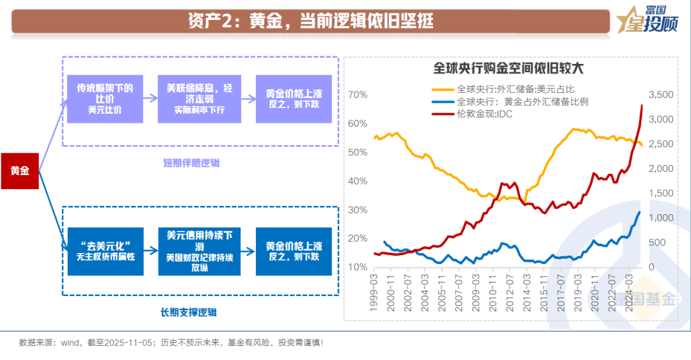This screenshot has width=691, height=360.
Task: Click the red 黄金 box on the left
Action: pyautogui.click(x=20, y=171)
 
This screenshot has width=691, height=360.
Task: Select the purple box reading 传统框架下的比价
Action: pyautogui.click(x=105, y=98)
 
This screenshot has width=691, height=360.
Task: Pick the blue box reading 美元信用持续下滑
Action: pyautogui.click(x=199, y=251)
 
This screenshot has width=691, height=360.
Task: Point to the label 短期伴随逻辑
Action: pyautogui.click(x=191, y=162)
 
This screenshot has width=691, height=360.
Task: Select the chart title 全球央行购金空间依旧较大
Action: pyautogui.click(x=509, y=67)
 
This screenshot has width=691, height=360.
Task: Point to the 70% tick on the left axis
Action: pyautogui.click(x=358, y=95)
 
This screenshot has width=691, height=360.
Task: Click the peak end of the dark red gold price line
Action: pyautogui.click(x=642, y=106)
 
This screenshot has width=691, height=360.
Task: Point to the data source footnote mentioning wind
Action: pyautogui.click(x=171, y=343)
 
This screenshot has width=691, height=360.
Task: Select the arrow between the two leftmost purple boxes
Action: pyautogui.click(x=150, y=98)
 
